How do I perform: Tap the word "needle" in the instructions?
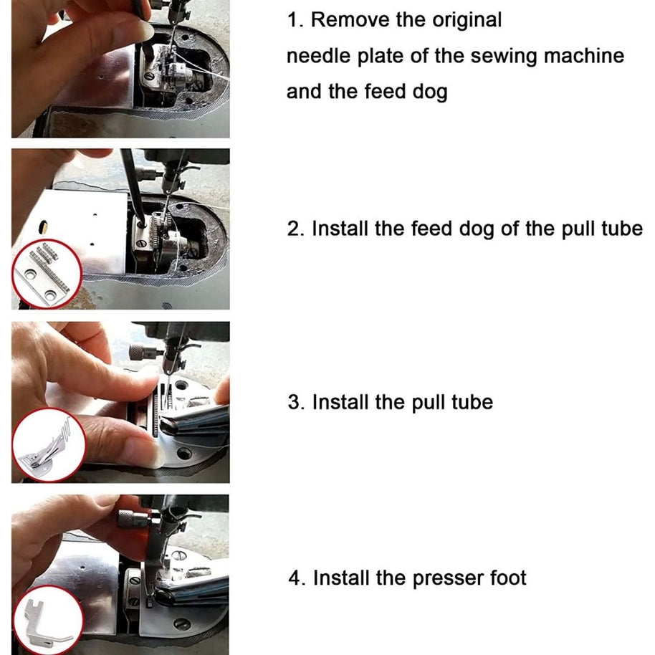coord(318,56)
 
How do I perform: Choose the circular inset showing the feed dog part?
coord(47,274)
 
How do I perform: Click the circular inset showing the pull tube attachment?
coord(49,444)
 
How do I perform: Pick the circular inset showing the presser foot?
coord(49,620)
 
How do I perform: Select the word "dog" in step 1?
coord(430,92)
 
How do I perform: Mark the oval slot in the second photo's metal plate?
coord(43,226)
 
